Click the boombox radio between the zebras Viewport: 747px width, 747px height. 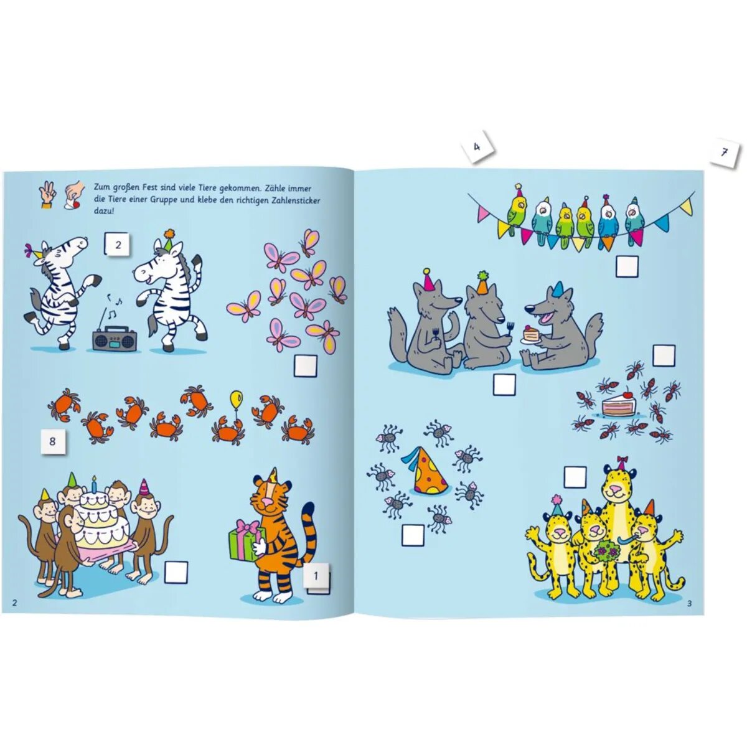(x=110, y=338)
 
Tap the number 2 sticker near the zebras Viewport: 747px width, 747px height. (x=118, y=245)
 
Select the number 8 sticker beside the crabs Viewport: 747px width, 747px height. (x=52, y=441)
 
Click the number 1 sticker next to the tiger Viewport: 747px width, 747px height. (x=316, y=576)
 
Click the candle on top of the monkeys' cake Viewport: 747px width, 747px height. (x=94, y=483)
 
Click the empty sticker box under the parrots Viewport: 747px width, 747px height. (x=627, y=266)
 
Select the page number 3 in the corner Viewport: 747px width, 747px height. (x=689, y=603)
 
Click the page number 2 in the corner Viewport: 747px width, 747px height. (x=14, y=602)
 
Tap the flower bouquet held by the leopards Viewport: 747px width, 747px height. (x=606, y=551)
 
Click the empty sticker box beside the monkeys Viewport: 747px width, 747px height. (x=176, y=572)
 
